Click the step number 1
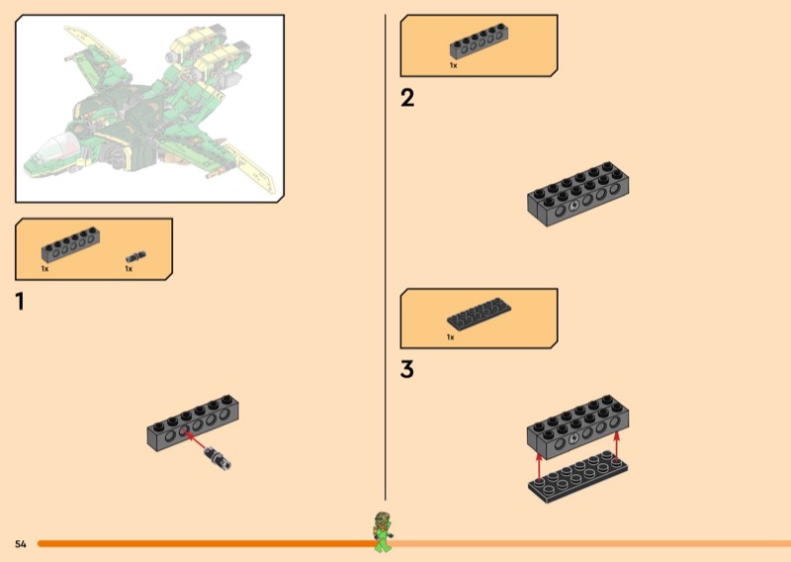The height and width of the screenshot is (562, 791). [20, 302]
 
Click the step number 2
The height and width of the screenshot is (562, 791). [407, 97]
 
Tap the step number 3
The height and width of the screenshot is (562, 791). [407, 369]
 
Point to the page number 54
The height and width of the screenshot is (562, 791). [21, 544]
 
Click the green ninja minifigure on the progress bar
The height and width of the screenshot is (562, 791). [383, 532]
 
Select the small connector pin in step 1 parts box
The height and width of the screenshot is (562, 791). [135, 256]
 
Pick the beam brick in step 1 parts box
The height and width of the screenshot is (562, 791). [70, 244]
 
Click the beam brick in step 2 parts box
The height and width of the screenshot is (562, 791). [479, 42]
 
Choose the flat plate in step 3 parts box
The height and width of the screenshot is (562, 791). [479, 314]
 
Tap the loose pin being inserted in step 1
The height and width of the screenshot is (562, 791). [218, 457]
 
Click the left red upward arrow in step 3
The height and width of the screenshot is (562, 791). [539, 467]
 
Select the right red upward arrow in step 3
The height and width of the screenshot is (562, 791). [616, 446]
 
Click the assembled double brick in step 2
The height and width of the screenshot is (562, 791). [578, 194]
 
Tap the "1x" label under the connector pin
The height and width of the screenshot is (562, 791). [129, 269]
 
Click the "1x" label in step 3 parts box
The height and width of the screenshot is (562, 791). [451, 337]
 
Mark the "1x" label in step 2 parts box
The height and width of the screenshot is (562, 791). [454, 65]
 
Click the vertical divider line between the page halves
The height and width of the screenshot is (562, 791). [386, 257]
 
